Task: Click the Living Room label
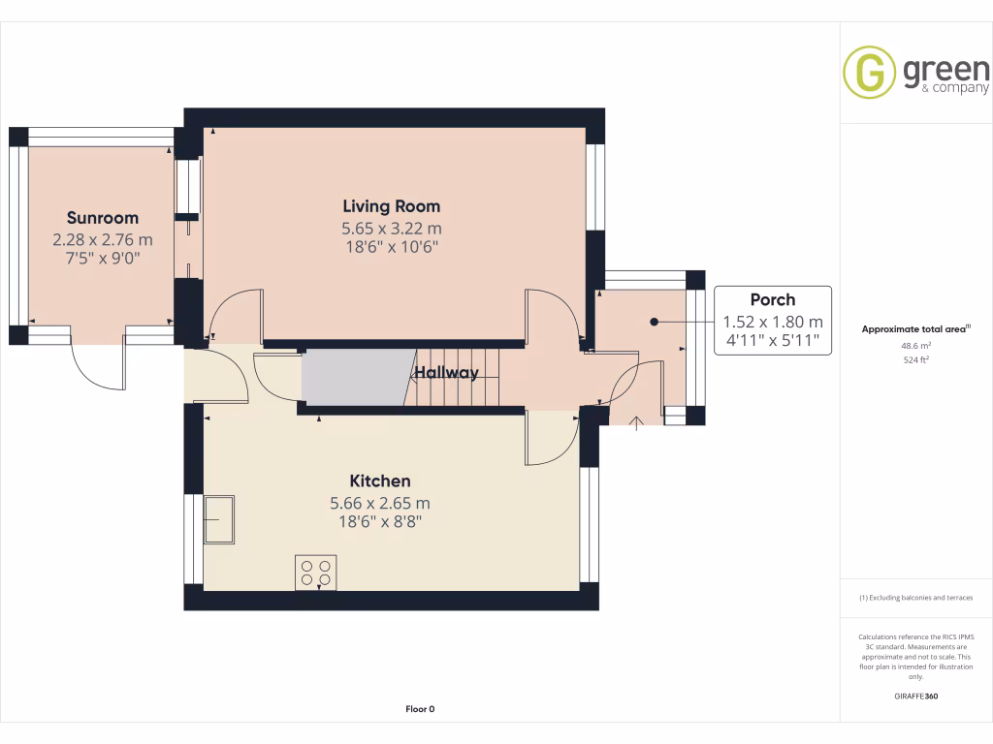[x=391, y=206]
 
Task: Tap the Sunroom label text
[x=102, y=218]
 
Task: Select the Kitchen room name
[x=380, y=481]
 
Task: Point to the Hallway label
[x=446, y=373]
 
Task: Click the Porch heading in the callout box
[x=772, y=299]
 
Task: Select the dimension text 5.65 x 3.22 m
[x=391, y=229]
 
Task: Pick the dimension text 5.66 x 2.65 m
[x=380, y=503]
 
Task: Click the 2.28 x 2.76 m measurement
[x=102, y=239]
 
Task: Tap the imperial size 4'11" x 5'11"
[x=772, y=340]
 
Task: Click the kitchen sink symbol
[x=219, y=519]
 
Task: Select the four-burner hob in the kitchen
[x=315, y=572]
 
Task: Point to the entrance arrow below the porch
[x=636, y=422]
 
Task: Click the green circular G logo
[x=869, y=71]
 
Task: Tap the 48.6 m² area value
[x=916, y=345]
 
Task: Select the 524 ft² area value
[x=916, y=359]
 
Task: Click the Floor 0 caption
[x=420, y=709]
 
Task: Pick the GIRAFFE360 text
[x=916, y=697]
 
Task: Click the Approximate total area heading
[x=914, y=329]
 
